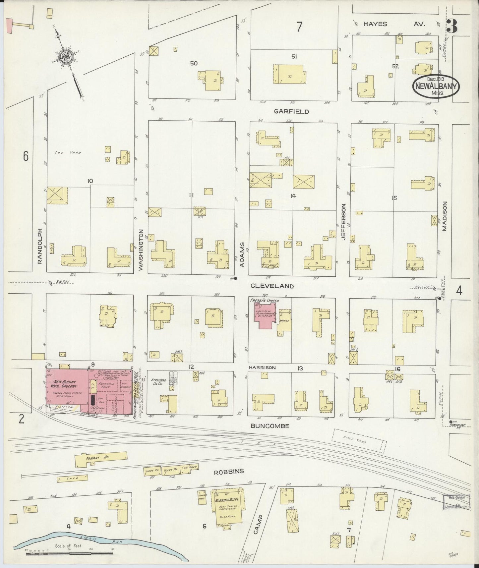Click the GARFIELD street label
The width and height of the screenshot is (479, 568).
pyautogui.click(x=291, y=111)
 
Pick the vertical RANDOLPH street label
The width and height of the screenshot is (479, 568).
pyautogui.click(x=40, y=246)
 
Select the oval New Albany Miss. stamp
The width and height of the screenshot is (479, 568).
pyautogui.click(x=436, y=85)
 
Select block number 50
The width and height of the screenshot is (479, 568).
pyautogui.click(x=194, y=63)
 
